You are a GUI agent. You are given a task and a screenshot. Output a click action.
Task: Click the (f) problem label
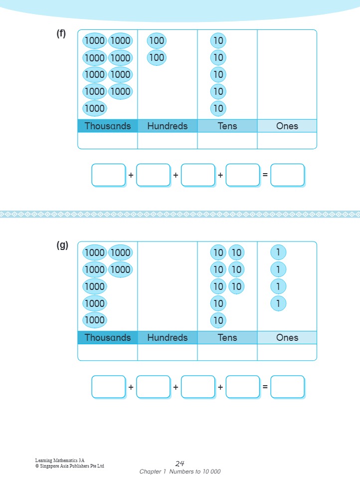click(61, 34)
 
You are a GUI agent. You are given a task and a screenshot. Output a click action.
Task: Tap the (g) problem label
click(62, 246)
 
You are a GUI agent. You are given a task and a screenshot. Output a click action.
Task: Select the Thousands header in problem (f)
click(107, 126)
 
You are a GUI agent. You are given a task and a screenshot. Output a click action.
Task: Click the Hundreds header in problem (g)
click(168, 338)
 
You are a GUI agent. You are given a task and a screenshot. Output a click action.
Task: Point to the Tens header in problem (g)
click(227, 338)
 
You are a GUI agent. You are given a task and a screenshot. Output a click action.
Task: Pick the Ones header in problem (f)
click(287, 126)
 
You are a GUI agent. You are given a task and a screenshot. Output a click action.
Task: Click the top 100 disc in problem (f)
click(157, 41)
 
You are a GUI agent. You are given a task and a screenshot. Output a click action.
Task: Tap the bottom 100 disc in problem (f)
click(157, 58)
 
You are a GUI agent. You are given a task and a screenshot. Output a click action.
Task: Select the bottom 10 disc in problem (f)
click(218, 108)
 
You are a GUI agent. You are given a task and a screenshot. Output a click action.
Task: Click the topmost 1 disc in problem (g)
click(278, 252)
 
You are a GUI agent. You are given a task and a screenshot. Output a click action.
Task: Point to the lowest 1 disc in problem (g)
click(278, 303)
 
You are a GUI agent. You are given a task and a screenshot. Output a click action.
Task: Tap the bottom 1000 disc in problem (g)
click(94, 320)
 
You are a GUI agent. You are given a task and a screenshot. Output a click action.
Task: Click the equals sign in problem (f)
click(265, 175)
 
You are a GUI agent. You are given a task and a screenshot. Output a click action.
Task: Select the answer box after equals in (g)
click(287, 387)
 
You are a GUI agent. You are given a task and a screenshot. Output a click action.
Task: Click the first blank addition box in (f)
click(108, 175)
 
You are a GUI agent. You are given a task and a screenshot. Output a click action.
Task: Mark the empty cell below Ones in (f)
click(287, 141)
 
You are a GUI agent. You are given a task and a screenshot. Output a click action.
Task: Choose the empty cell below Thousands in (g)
click(107, 352)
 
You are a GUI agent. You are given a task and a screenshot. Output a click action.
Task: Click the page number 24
click(180, 464)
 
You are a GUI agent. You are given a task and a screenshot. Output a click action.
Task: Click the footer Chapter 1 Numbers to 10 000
click(180, 472)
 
